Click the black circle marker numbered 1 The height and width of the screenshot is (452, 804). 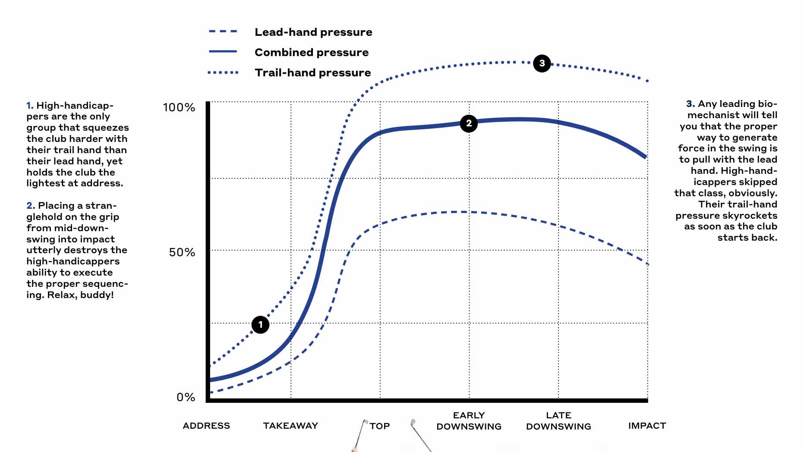(x=260, y=324)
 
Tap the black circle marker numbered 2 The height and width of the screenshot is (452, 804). (x=469, y=123)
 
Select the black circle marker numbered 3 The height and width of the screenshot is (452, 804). (x=542, y=63)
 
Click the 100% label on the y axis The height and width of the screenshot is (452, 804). (x=179, y=107)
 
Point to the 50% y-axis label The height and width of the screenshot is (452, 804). (x=182, y=252)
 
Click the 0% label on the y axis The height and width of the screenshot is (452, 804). (x=186, y=397)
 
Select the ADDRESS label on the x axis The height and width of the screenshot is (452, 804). (x=206, y=426)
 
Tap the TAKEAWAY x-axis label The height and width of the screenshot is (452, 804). (x=290, y=426)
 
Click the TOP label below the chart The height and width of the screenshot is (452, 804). (x=379, y=426)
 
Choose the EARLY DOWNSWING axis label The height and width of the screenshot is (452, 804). (x=469, y=421)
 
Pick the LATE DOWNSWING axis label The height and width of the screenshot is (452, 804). (x=558, y=421)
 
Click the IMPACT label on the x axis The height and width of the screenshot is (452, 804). (x=647, y=426)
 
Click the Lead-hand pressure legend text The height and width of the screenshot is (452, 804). (x=313, y=32)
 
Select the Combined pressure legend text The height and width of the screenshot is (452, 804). (x=312, y=53)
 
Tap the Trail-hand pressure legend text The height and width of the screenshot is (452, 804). (x=313, y=72)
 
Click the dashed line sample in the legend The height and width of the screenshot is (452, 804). (x=223, y=31)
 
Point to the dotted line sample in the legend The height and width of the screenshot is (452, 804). (x=223, y=72)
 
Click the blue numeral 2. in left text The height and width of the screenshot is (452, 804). (x=31, y=206)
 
